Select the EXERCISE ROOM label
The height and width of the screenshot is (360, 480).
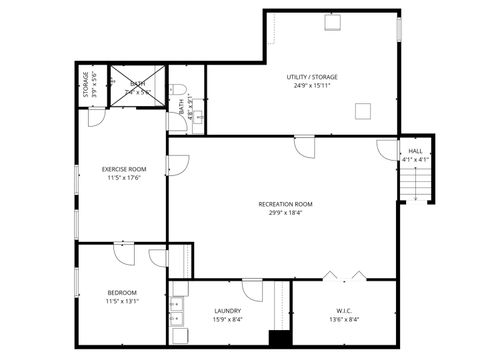click(x=125, y=169)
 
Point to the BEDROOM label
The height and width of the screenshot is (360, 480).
click(x=122, y=292)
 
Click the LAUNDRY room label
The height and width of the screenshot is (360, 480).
click(x=228, y=311)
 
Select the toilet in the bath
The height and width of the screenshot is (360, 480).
click(x=179, y=89)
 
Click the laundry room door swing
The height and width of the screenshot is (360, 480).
click(x=254, y=291)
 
